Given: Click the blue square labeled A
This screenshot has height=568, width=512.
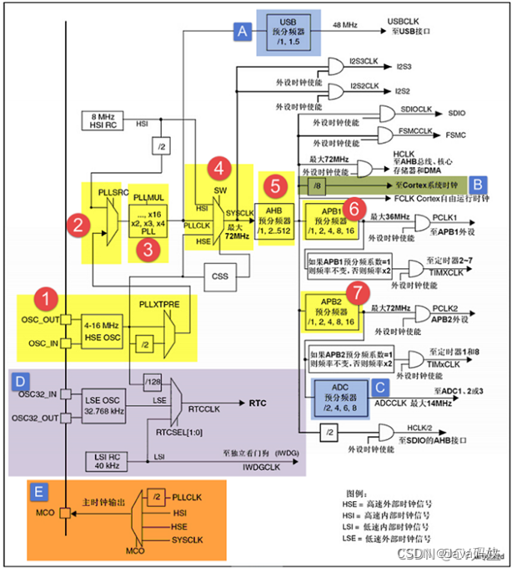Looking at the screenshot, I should coord(243,32).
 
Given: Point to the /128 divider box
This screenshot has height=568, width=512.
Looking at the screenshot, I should coord(152,383).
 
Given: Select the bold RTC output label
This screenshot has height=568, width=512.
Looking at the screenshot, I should coord(258,402).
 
